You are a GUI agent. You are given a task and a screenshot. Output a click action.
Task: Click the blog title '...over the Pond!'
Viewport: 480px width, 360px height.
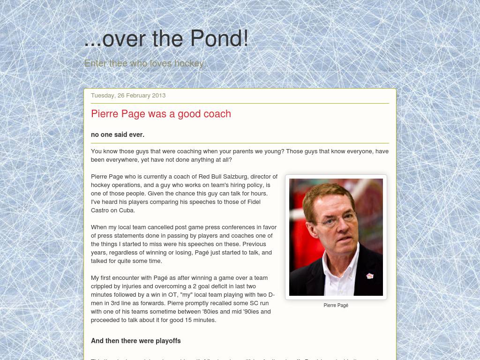[166, 38]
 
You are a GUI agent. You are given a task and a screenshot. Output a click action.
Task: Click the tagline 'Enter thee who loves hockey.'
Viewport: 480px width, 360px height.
[145, 63]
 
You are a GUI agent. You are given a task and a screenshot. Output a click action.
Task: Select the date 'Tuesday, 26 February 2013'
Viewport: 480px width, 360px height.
[128, 95]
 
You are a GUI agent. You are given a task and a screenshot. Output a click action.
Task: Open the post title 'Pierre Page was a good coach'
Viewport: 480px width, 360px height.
[161, 114]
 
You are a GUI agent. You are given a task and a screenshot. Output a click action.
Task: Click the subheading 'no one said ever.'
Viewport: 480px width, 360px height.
[118, 135]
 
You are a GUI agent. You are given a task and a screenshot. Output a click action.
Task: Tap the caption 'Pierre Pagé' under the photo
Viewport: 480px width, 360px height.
[336, 305]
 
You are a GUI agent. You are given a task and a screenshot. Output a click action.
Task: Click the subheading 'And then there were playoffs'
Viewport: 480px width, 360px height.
[135, 341]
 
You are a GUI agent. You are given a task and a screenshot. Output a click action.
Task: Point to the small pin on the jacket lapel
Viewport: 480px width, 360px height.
[370, 276]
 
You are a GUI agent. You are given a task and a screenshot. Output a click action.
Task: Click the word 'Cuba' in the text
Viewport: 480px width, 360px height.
[127, 210]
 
